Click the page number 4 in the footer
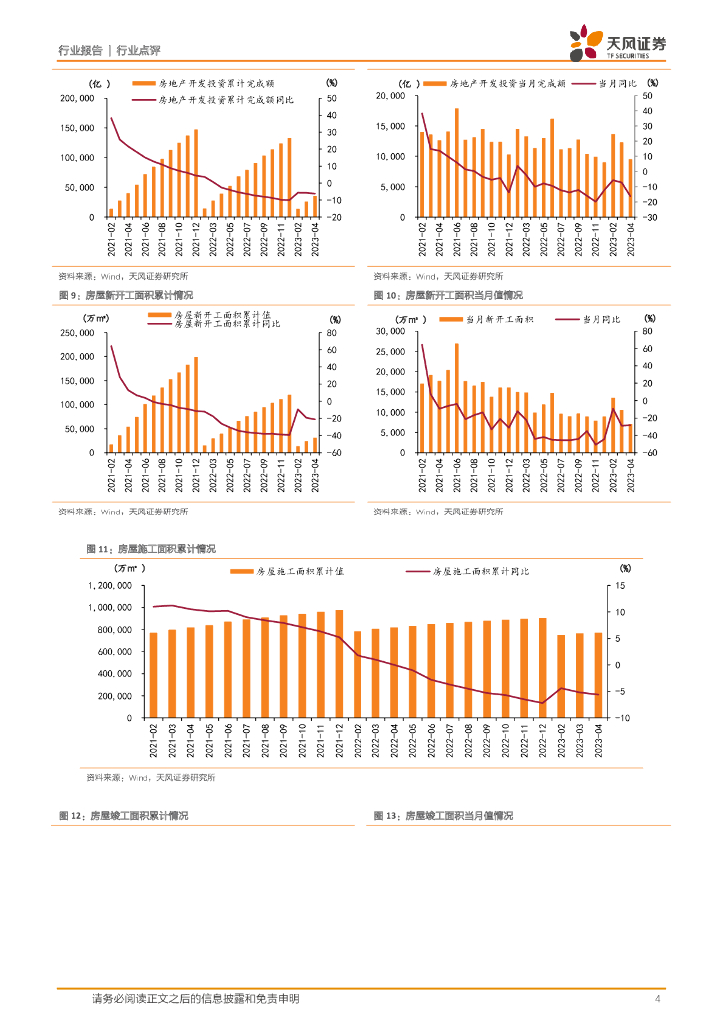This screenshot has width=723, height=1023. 657,999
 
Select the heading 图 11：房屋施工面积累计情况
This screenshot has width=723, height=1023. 151,549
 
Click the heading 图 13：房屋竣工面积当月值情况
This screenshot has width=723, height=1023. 443,816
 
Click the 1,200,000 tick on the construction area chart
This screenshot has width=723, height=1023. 112,585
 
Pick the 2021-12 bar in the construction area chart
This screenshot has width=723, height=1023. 340,664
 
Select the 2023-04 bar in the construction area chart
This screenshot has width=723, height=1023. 599,675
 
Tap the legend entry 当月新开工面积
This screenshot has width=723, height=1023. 499,319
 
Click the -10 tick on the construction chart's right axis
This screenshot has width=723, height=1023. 622,718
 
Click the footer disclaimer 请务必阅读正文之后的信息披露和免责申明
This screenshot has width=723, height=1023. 195,999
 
